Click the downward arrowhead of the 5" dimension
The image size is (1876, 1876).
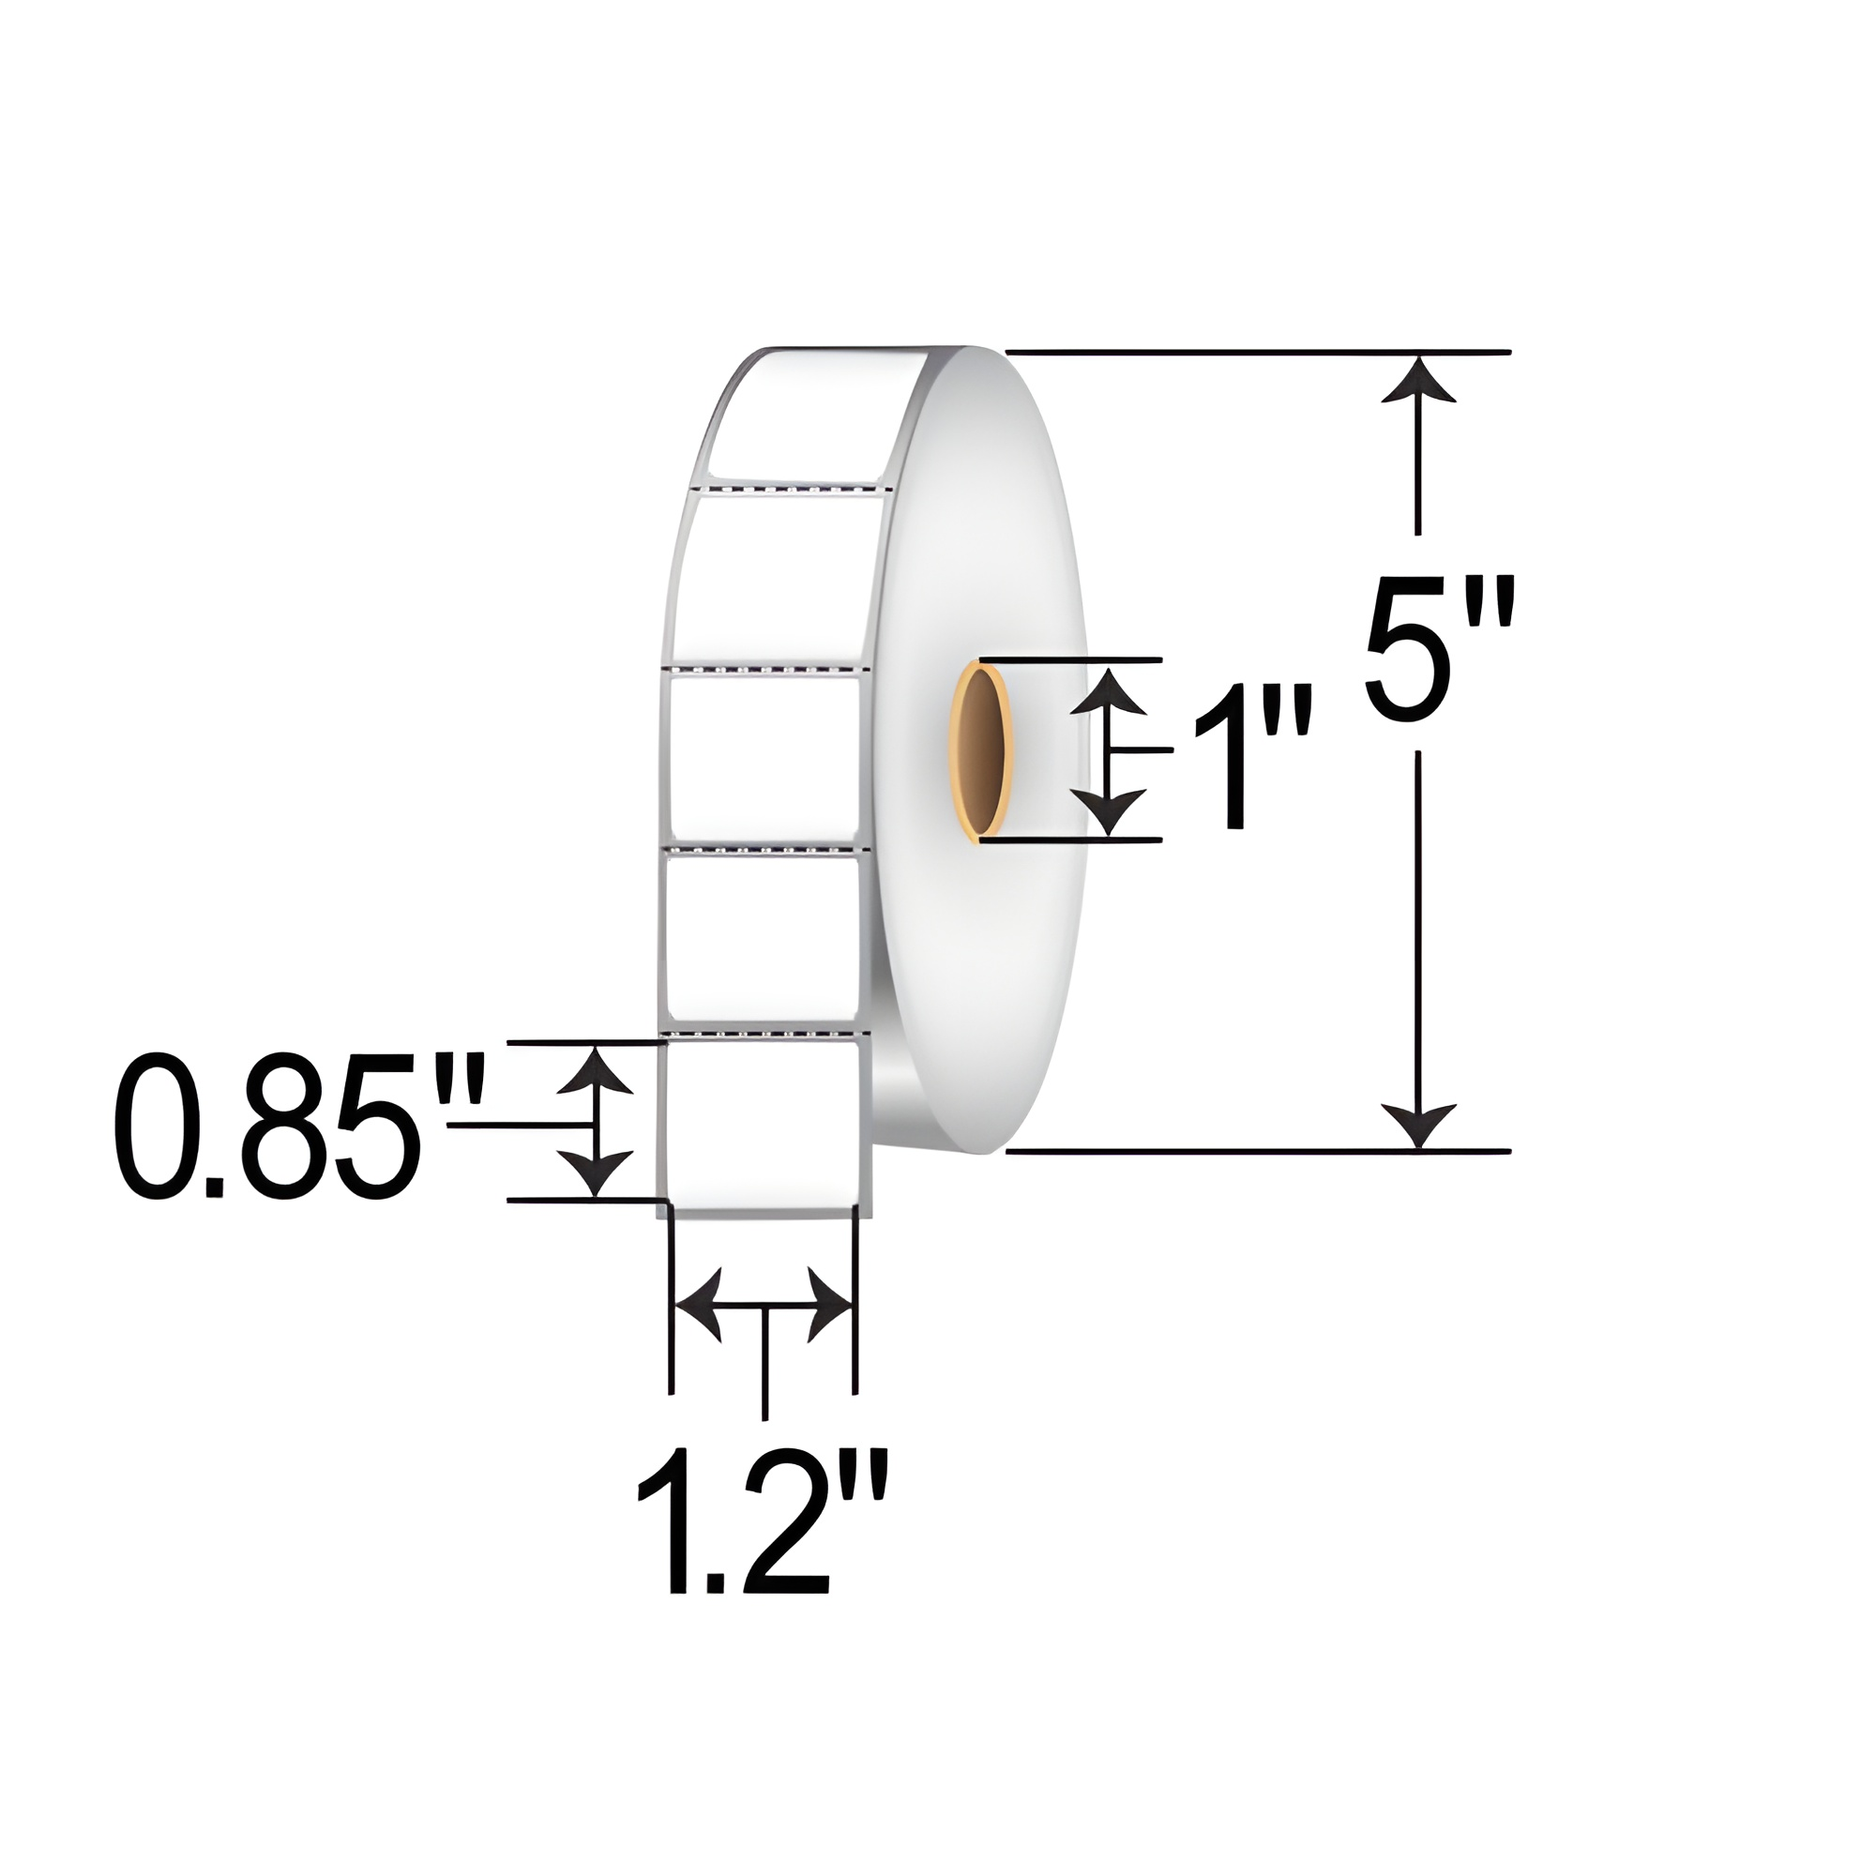click(1418, 1126)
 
